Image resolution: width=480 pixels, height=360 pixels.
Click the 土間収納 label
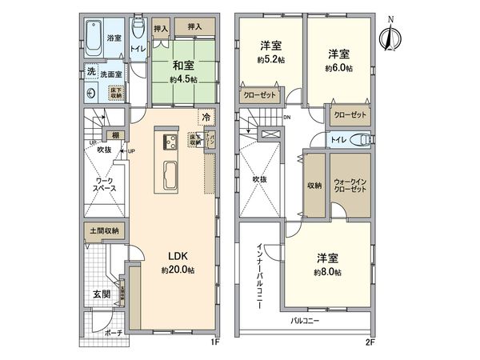click(x=103, y=230)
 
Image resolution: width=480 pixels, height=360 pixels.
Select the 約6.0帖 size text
click(x=340, y=68)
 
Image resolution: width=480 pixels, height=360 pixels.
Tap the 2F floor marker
click(x=370, y=342)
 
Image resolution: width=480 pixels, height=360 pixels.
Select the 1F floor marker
click(x=214, y=342)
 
